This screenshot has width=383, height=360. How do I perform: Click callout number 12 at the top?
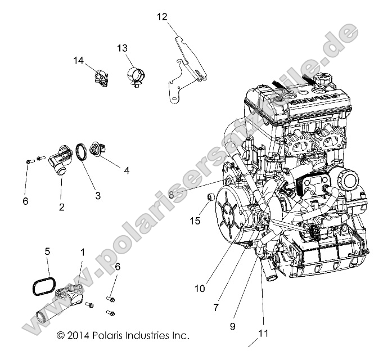click(x=161, y=17)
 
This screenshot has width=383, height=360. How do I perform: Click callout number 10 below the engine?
click(x=200, y=289)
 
